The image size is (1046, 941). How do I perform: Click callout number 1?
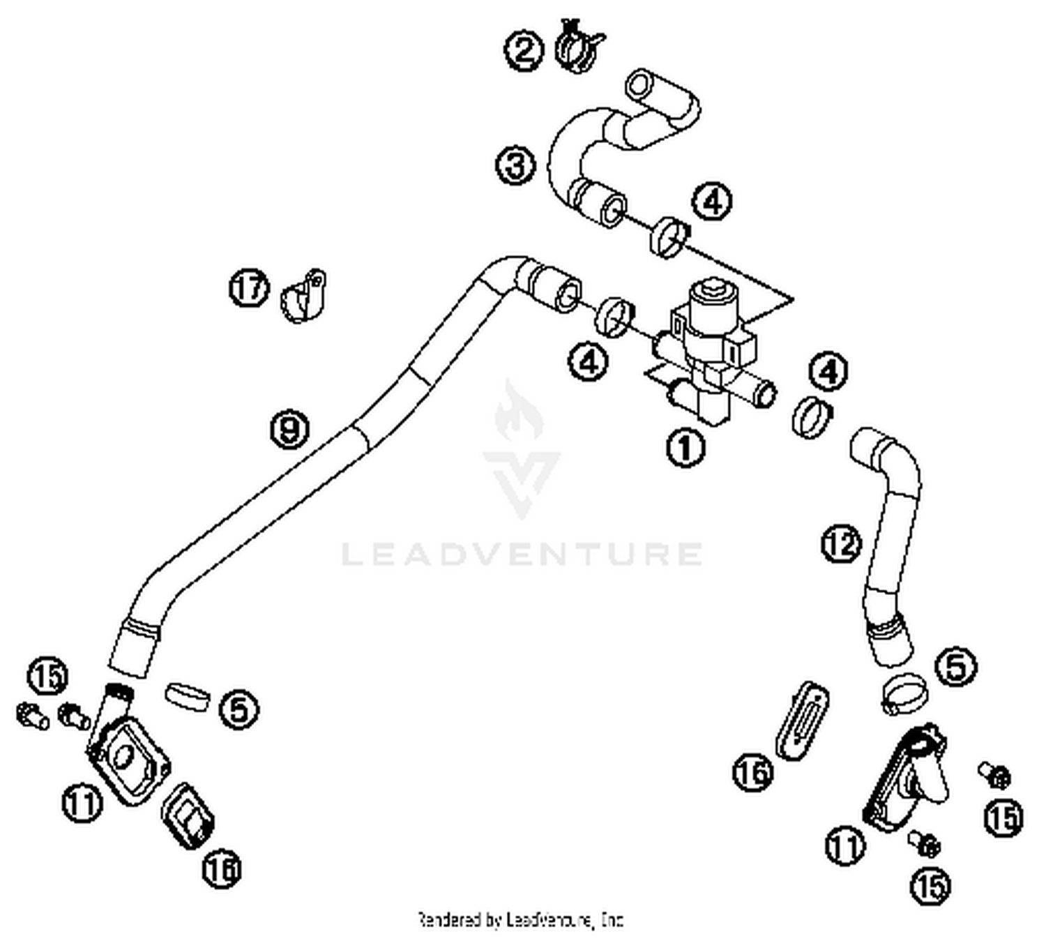[685, 447]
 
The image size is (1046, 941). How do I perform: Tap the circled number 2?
[524, 50]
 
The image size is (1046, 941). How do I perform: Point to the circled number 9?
[289, 428]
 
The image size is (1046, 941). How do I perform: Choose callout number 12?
[842, 543]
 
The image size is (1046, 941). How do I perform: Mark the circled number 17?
[250, 288]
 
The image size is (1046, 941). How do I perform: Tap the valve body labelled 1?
[711, 349]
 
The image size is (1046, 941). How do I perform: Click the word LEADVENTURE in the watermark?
[522, 554]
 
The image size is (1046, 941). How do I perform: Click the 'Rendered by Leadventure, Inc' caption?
[520, 920]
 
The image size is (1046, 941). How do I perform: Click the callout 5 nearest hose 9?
[239, 709]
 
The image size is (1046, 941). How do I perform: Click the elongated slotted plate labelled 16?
[802, 720]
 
